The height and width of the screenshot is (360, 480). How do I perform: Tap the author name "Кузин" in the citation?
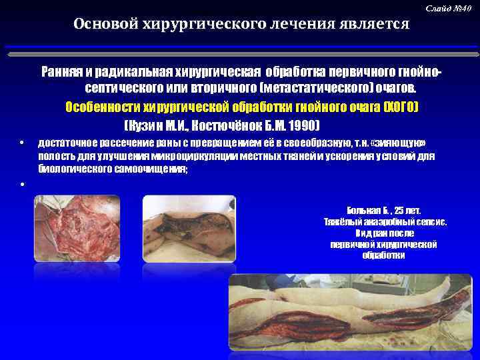(146, 125)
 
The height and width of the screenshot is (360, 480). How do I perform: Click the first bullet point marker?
(22, 144)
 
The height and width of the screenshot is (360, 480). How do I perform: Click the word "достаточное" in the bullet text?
(69, 144)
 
